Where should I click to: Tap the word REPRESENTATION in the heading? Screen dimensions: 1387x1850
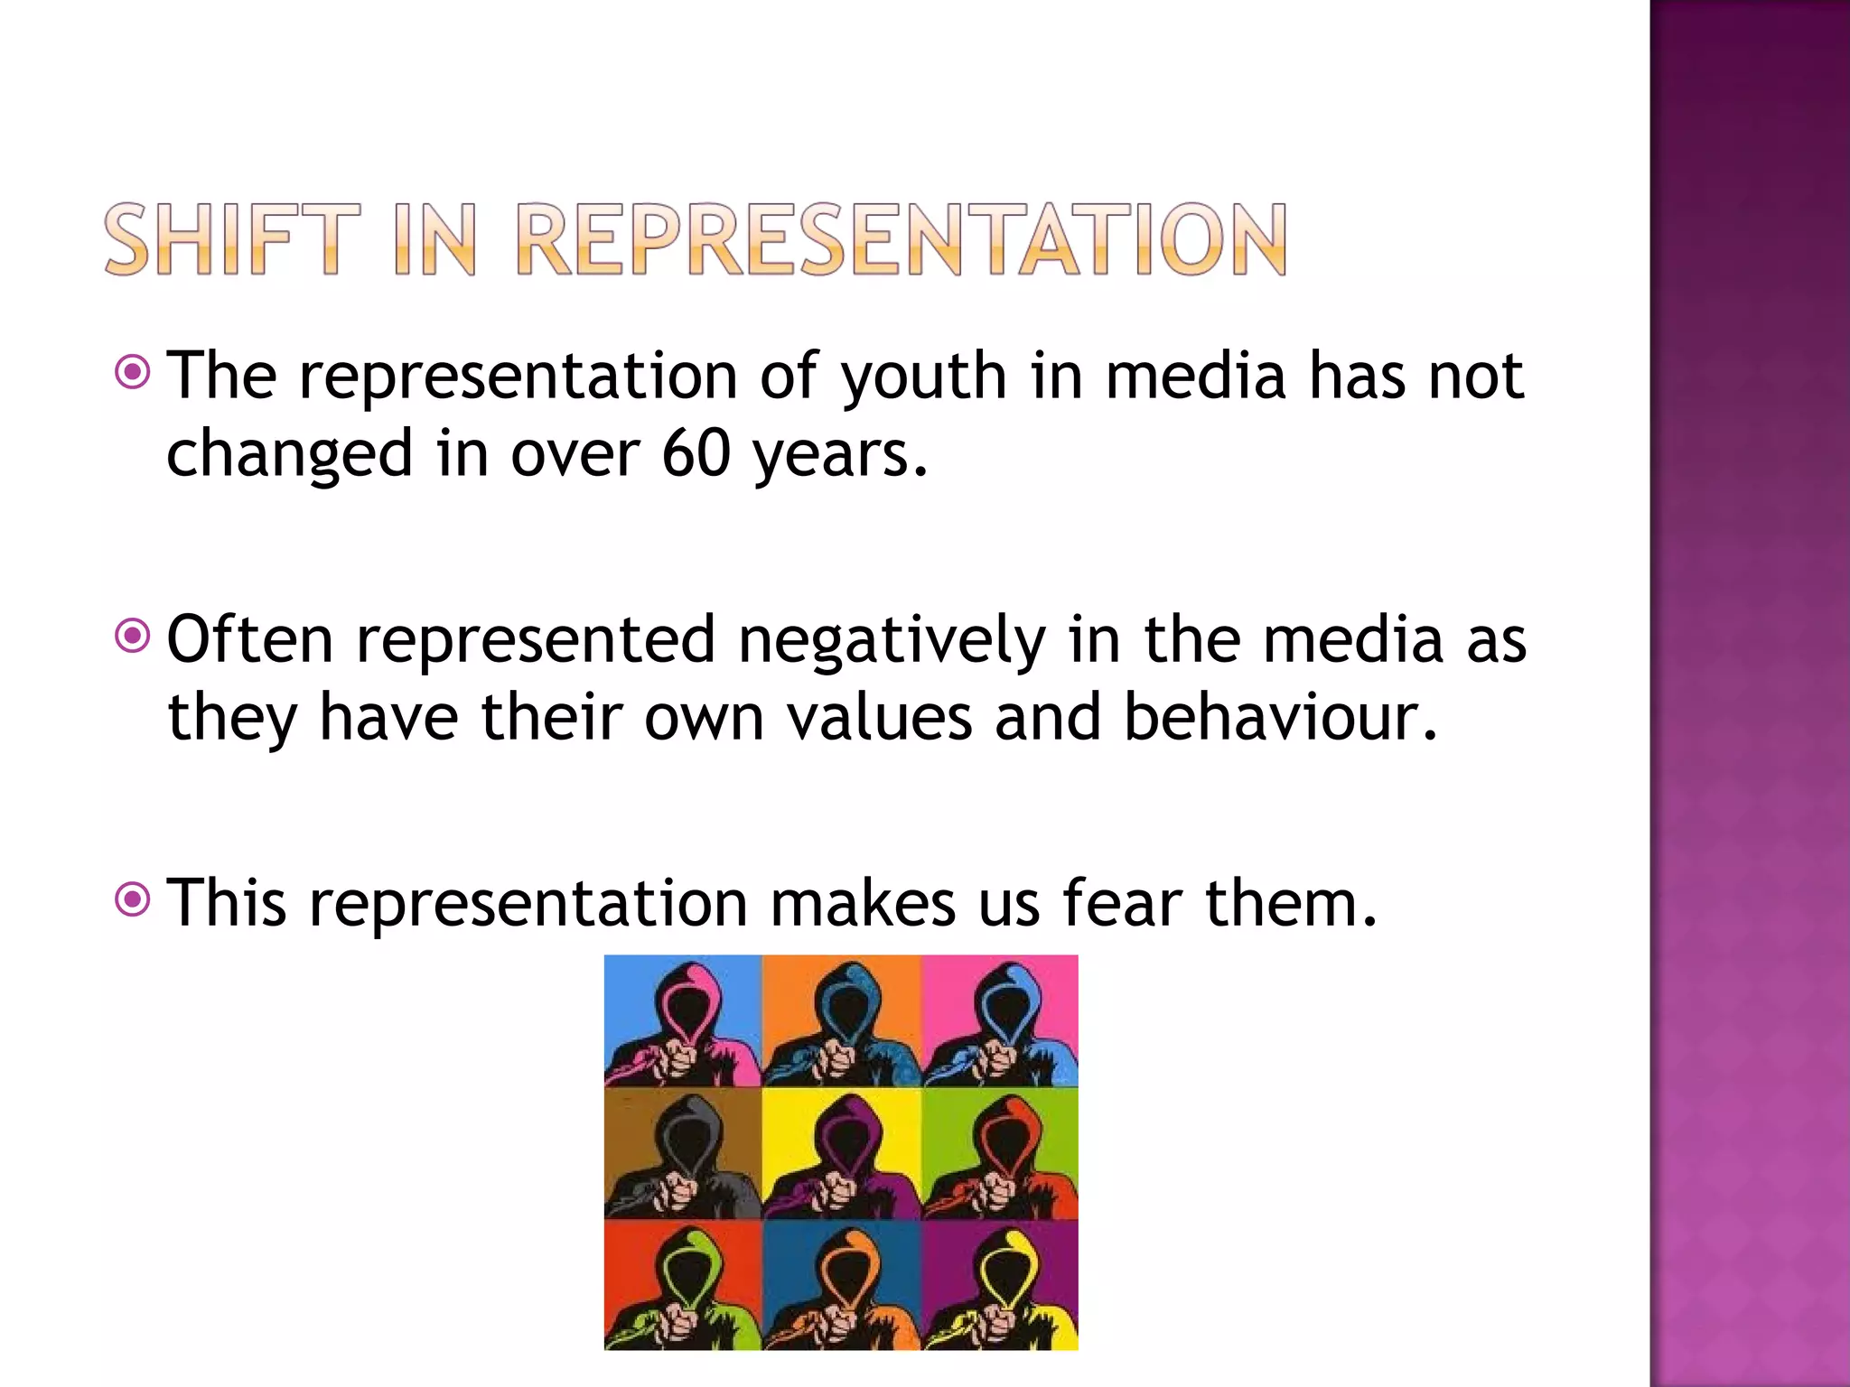pos(901,239)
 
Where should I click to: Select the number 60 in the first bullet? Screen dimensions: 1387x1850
pos(696,452)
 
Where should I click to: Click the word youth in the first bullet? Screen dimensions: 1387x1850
pos(923,376)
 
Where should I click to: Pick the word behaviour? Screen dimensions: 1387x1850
pos(1278,717)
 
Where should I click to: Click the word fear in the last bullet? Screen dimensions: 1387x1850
pos(1120,902)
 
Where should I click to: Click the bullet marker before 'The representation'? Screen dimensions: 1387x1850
pos(133,371)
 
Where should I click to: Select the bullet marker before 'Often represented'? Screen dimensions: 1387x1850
pos(133,637)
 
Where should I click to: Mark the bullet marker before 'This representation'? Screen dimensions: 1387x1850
pos(133,899)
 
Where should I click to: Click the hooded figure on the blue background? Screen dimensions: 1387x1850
pos(682,1021)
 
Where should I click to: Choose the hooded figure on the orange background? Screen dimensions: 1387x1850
pos(841,1021)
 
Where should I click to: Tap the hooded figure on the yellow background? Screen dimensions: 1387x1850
pos(841,1153)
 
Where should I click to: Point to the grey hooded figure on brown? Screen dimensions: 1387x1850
pos(682,1153)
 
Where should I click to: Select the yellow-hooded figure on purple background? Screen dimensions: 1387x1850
pos(1000,1285)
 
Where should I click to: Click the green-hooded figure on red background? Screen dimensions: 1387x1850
pos(682,1285)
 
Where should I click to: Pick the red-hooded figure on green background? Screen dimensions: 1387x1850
pos(1000,1153)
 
